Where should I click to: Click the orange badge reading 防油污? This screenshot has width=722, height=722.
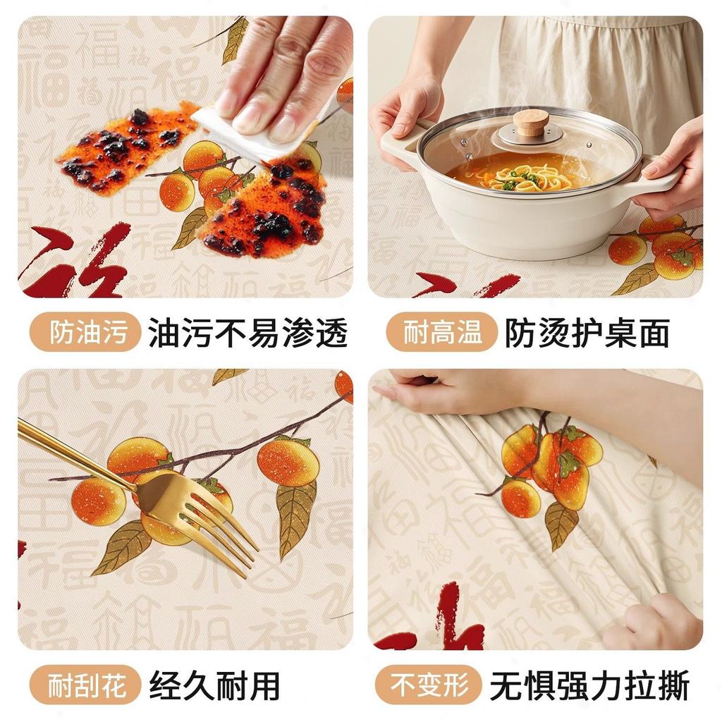click(x=85, y=332)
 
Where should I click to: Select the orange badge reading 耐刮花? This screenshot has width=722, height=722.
click(x=85, y=685)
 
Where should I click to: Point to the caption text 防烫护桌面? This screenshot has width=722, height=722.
click(x=587, y=333)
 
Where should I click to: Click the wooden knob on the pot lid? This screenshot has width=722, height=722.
click(x=530, y=122)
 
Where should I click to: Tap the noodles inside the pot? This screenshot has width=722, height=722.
click(x=529, y=176)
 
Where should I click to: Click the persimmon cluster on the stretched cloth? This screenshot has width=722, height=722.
click(x=550, y=465)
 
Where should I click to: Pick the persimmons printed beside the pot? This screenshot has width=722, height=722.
click(x=659, y=250)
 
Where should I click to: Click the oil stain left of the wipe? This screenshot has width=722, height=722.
click(x=127, y=148)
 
